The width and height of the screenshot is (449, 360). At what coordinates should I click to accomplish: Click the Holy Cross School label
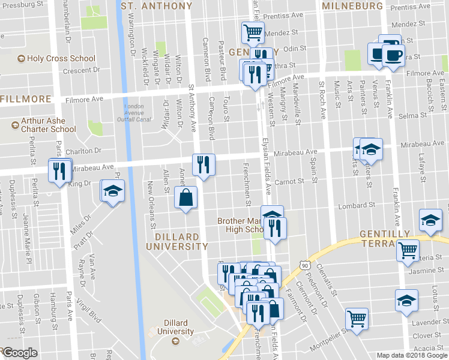(56, 59)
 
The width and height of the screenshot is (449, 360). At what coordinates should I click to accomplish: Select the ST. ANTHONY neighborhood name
(157, 6)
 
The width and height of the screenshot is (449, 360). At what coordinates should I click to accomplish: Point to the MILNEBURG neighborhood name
(352, 6)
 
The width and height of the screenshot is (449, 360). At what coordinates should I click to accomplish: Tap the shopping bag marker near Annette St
(185, 197)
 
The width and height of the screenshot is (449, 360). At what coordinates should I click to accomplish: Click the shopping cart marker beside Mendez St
(253, 32)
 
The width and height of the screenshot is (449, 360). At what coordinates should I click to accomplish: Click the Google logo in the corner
(19, 353)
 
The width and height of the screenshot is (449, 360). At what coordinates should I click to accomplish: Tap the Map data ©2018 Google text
(411, 355)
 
